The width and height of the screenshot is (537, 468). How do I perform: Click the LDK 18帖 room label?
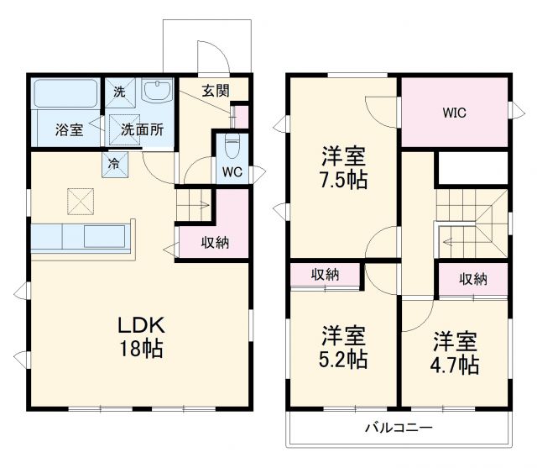(x=140, y=337)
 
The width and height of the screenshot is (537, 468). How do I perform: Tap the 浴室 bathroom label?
(x=69, y=130)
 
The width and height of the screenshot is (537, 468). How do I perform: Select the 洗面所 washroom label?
(x=142, y=129)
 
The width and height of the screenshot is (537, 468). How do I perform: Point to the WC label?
(x=232, y=171)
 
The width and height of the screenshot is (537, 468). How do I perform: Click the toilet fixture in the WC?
(x=232, y=145)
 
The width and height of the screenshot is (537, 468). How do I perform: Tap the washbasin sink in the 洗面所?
(x=157, y=92)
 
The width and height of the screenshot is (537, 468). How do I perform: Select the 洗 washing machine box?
(x=119, y=92)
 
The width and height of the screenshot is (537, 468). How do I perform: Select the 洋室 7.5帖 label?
(x=344, y=167)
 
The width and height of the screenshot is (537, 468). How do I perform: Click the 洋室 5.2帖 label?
(x=344, y=348)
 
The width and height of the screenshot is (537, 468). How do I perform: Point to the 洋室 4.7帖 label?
(x=456, y=353)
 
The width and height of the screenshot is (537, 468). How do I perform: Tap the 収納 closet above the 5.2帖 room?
(x=326, y=276)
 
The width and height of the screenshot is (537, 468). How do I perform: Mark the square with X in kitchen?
(x=81, y=202)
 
